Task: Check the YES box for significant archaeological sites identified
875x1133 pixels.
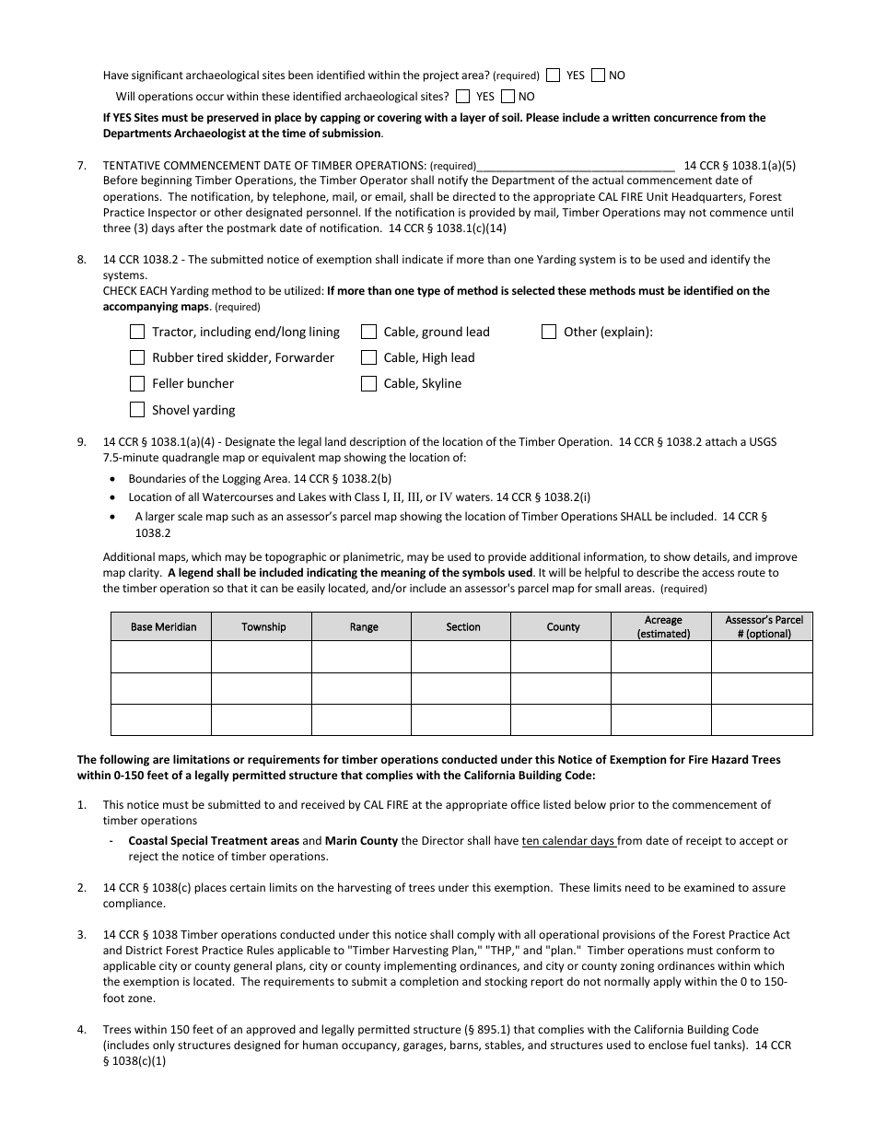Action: (x=554, y=76)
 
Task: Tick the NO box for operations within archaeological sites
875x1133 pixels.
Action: (x=505, y=96)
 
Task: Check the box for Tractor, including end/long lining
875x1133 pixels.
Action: (x=137, y=332)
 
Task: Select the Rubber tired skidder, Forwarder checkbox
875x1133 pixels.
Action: (x=137, y=357)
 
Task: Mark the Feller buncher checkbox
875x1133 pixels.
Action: (x=137, y=383)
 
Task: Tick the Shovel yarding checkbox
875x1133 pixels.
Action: (x=137, y=410)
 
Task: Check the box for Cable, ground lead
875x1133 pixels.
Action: (x=368, y=332)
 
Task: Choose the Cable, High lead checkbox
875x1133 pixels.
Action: (x=368, y=357)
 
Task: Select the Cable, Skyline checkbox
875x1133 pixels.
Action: (x=368, y=383)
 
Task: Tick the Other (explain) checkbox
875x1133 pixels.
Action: (x=549, y=332)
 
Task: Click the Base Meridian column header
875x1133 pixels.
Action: (x=161, y=627)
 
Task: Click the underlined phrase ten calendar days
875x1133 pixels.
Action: (x=568, y=841)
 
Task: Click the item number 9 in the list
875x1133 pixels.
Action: (x=82, y=442)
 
